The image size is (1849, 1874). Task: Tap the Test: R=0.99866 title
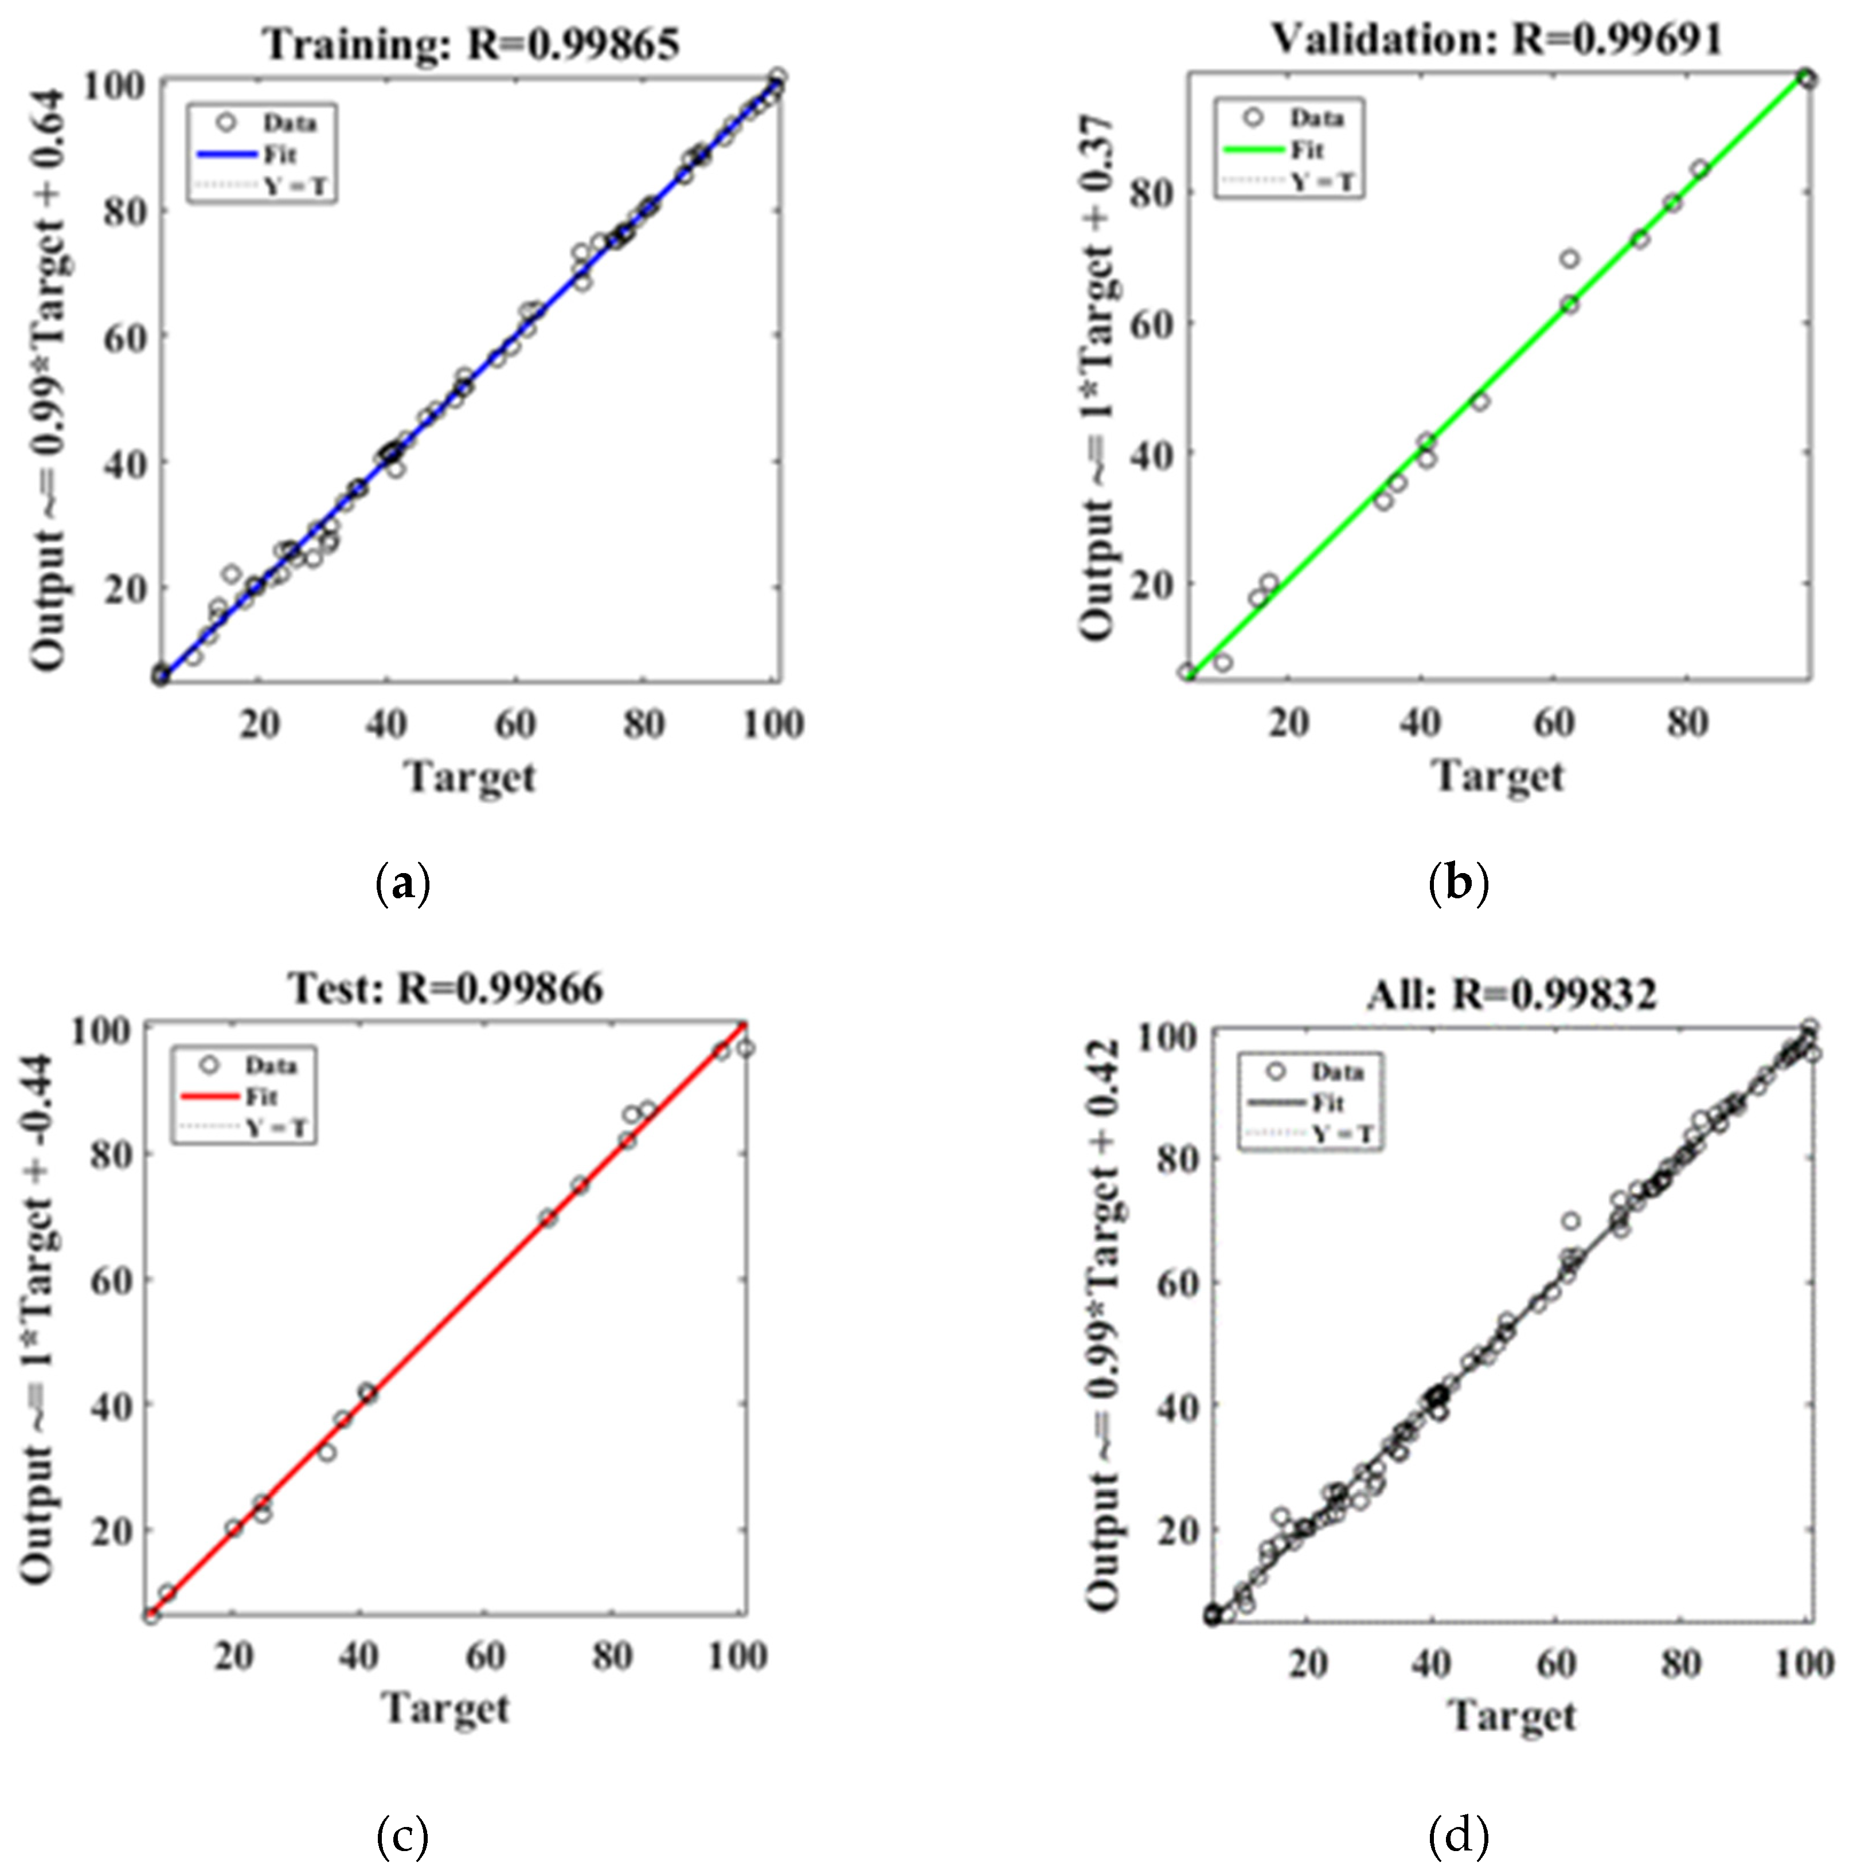coord(445,987)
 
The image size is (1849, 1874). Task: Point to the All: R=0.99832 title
coord(1511,993)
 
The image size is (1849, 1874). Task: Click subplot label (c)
coord(401,1834)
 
